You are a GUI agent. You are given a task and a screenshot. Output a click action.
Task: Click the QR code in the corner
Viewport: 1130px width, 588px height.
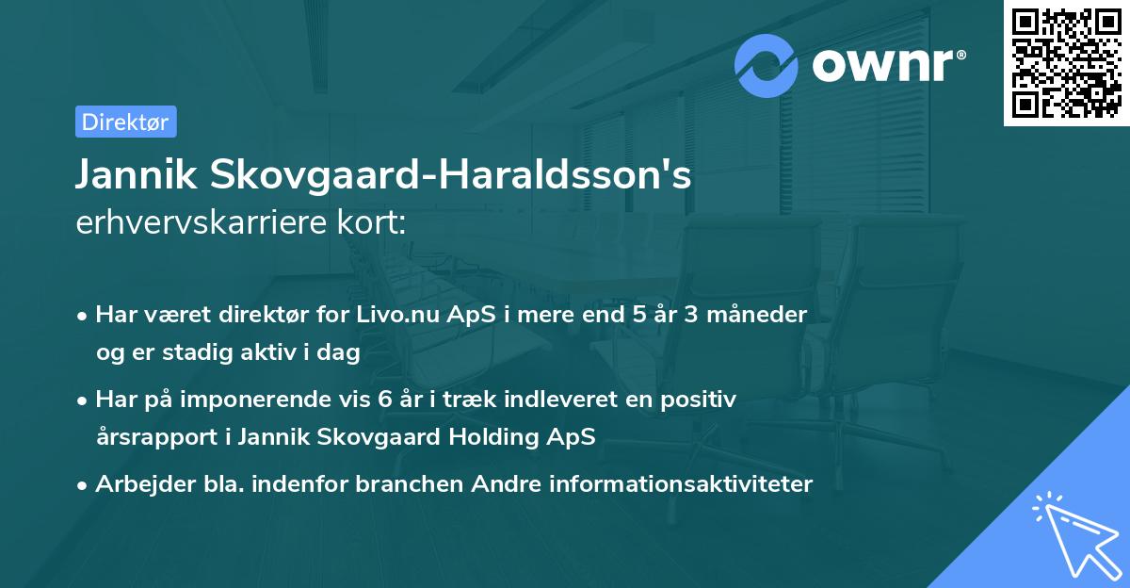click(x=1066, y=62)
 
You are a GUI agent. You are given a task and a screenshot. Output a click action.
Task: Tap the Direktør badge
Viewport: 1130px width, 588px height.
click(x=125, y=122)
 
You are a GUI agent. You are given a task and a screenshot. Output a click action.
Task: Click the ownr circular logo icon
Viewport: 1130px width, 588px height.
click(x=767, y=65)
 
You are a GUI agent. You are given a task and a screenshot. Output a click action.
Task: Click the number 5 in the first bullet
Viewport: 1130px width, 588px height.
click(x=641, y=315)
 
